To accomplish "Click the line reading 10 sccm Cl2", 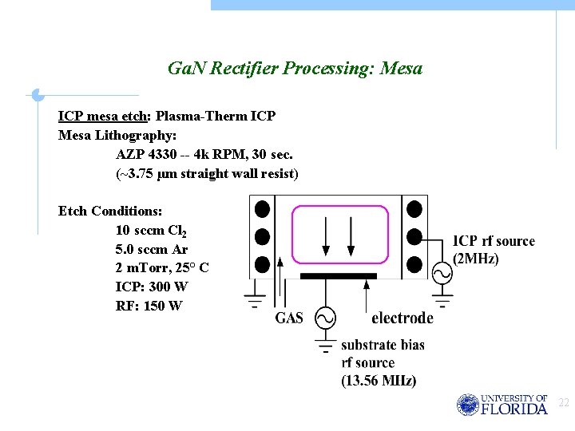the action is (x=152, y=231).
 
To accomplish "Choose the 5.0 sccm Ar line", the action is (x=152, y=249).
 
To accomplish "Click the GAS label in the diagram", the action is (x=289, y=318).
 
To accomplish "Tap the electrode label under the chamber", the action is (x=402, y=318).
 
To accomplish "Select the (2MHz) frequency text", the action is (x=476, y=259).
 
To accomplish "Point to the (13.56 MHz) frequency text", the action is (x=379, y=381).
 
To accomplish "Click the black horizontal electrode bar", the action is (x=338, y=276).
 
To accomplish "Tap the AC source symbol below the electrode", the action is (x=325, y=318).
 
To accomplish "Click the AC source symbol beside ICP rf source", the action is (x=442, y=273).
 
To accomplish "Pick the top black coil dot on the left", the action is (x=262, y=210).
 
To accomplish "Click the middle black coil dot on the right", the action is (x=414, y=237).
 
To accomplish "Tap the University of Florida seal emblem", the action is (x=467, y=405).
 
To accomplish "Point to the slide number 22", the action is (x=564, y=403).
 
